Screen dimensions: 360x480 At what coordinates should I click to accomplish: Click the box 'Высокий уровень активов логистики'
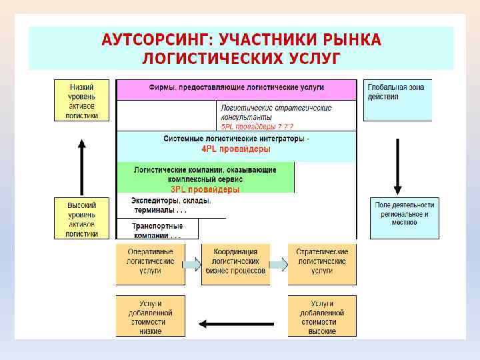coord(81,219)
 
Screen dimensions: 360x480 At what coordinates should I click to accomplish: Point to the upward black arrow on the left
coord(81,167)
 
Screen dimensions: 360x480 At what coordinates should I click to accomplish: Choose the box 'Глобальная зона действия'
coord(397,101)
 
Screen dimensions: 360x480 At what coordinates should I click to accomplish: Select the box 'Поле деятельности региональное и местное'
coord(405,218)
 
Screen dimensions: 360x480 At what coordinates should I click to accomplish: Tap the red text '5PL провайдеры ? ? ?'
coord(257,126)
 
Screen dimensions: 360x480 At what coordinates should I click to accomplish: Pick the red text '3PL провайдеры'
coord(205,189)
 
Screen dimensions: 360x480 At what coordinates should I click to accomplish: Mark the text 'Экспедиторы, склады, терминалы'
coord(171,205)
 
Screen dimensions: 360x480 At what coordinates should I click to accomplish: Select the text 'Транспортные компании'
coord(157,230)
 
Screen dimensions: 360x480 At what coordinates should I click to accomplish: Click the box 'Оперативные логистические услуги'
coord(150,264)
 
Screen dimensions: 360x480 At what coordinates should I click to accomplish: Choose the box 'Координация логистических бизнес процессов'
coord(235,264)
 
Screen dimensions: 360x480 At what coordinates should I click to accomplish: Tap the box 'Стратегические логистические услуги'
coord(322,264)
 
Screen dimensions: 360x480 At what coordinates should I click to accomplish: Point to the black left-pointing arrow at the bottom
coord(236,325)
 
